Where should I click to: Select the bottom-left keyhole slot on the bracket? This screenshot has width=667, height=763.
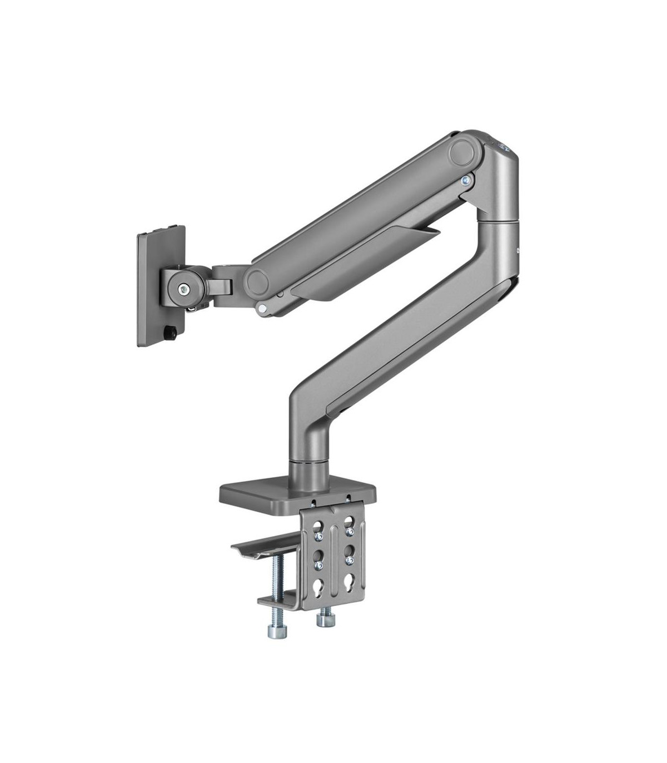(x=318, y=588)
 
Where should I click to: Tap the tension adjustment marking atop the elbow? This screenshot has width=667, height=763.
(x=502, y=146)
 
